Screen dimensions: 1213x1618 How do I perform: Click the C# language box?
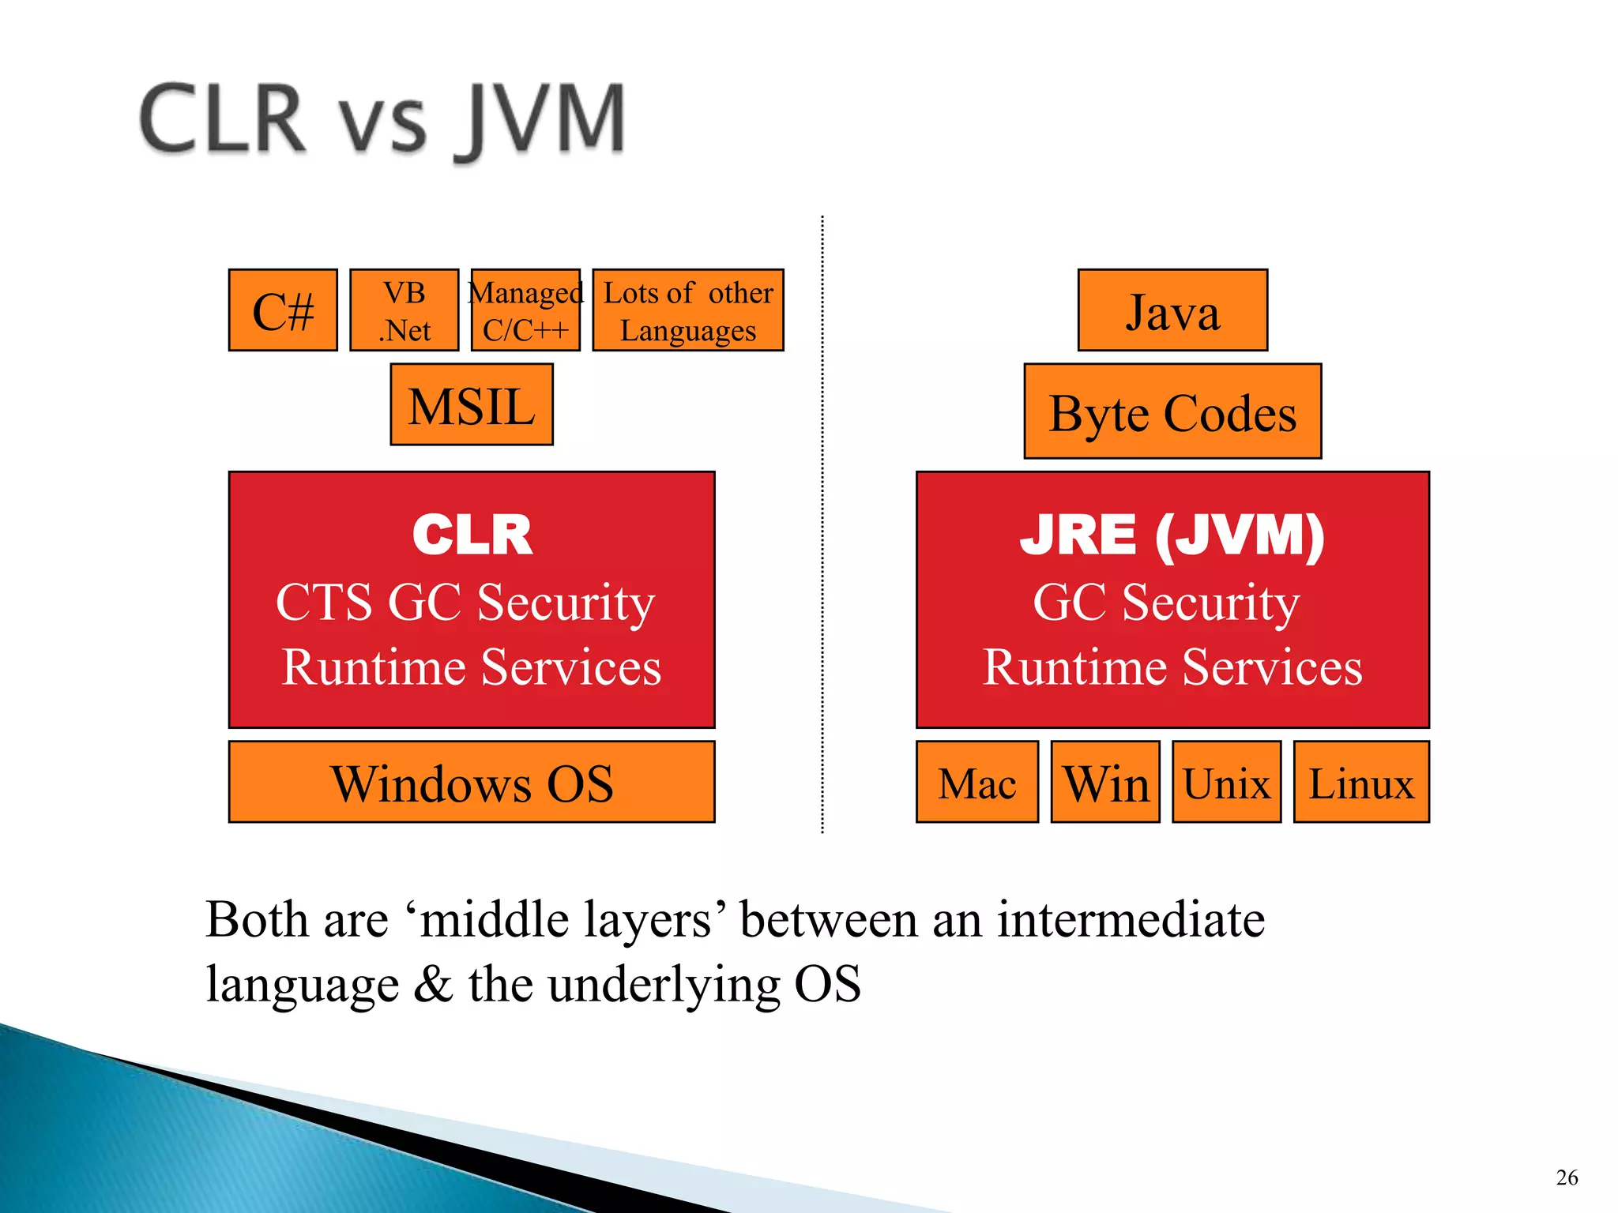pyautogui.click(x=283, y=310)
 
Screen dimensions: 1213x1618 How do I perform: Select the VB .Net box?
pyautogui.click(x=404, y=310)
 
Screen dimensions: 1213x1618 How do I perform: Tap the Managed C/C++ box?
pyautogui.click(x=525, y=310)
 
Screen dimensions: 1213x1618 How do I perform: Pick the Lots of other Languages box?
pyautogui.click(x=687, y=310)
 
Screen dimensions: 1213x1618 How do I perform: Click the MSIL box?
pyautogui.click(x=472, y=405)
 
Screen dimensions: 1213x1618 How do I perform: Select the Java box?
pyautogui.click(x=1172, y=310)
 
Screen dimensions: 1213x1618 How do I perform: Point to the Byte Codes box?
pyautogui.click(x=1172, y=411)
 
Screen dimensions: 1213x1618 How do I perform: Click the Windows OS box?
pyautogui.click(x=472, y=782)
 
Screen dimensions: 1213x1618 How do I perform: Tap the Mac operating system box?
pyautogui.click(x=977, y=782)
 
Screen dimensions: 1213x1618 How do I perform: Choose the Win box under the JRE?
pyautogui.click(x=1105, y=782)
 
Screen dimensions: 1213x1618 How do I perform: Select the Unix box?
pyautogui.click(x=1226, y=782)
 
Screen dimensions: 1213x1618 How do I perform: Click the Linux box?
pyautogui.click(x=1361, y=782)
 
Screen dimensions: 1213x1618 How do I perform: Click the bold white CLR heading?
pyautogui.click(x=472, y=535)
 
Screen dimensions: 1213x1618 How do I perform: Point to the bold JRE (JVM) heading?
pyautogui.click(x=1172, y=535)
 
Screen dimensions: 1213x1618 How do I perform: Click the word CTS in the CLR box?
pyautogui.click(x=324, y=603)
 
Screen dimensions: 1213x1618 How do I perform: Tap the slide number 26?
pyautogui.click(x=1567, y=1177)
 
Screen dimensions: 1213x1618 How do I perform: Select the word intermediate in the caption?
pyautogui.click(x=1130, y=920)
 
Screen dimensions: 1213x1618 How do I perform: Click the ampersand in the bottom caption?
pyautogui.click(x=433, y=984)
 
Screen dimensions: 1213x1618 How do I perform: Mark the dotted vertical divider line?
pyautogui.click(x=822, y=521)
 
